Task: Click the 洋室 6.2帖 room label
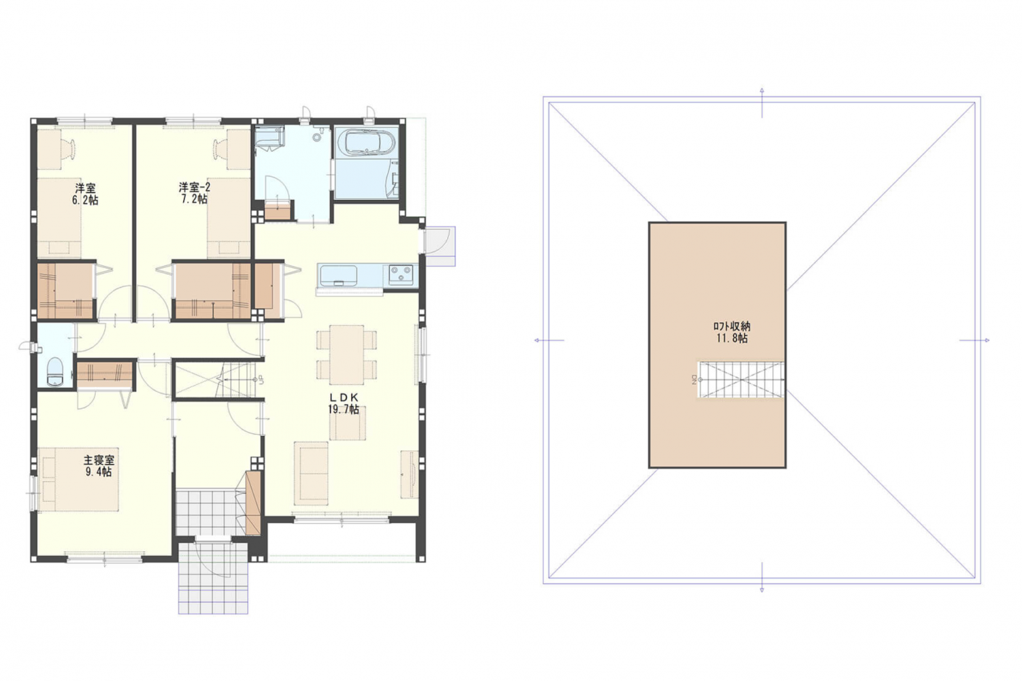tap(85, 194)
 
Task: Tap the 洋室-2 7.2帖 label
tap(194, 193)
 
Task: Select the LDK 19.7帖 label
tap(343, 403)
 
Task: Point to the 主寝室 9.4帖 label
tap(98, 466)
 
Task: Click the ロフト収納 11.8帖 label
tap(732, 332)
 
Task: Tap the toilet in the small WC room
tap(55, 371)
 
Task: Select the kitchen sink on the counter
tap(338, 276)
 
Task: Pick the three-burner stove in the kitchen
tap(401, 275)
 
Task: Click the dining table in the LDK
tap(347, 355)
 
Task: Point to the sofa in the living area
tap(311, 473)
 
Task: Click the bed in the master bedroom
tap(78, 479)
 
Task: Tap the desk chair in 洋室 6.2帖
tap(69, 148)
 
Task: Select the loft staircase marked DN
tap(740, 379)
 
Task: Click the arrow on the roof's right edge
tap(974, 340)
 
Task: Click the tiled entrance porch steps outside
tap(213, 577)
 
